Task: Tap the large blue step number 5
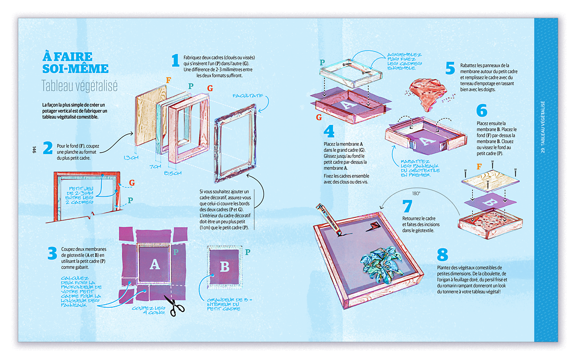450,68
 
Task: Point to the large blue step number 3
52,253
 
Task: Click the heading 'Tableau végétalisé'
80,85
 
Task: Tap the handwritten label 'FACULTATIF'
248,95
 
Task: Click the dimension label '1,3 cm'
130,157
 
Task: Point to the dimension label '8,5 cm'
172,173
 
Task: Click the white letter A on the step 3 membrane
154,264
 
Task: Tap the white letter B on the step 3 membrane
224,267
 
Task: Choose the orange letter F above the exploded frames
168,80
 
